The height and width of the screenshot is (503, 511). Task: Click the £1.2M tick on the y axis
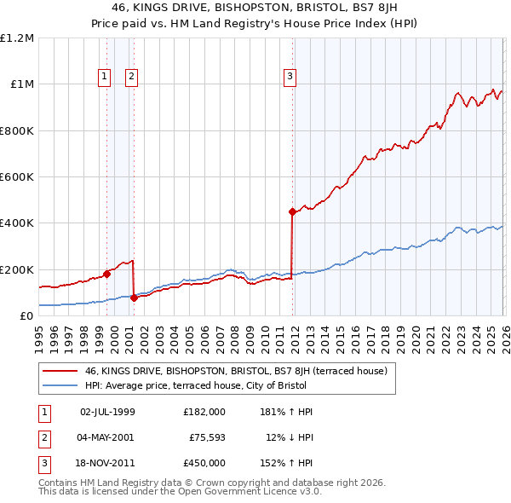coord(17,38)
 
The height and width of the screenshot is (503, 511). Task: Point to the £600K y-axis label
coord(17,177)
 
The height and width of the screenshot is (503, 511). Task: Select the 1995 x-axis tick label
coord(39,332)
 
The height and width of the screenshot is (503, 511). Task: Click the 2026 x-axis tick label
coord(503,332)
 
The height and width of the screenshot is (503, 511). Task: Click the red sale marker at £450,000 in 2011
coord(292,211)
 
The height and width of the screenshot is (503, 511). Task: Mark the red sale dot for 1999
coord(106,274)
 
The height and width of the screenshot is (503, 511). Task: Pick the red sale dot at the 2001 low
coord(134,298)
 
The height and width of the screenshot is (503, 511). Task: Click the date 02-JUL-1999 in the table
coord(107,412)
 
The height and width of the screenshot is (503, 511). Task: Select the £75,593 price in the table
coord(204,437)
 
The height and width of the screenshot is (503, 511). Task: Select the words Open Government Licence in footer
coord(233,493)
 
